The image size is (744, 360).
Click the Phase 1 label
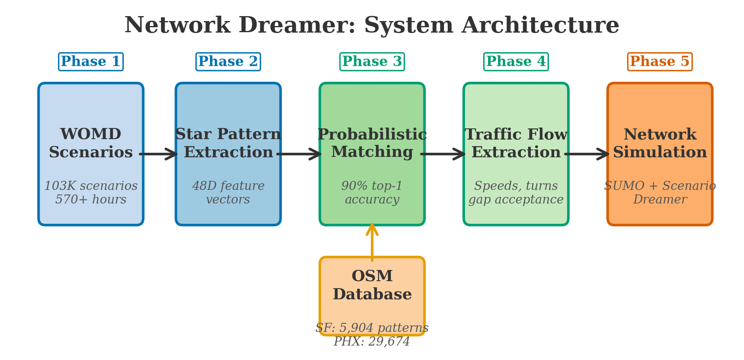click(x=90, y=62)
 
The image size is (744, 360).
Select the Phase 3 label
click(x=372, y=62)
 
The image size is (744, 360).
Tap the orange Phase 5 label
click(x=659, y=62)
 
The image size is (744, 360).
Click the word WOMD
click(x=90, y=135)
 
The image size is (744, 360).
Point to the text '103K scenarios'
click(x=91, y=186)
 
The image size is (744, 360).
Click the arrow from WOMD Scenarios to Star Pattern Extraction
click(x=159, y=154)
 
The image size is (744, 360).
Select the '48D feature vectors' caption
click(x=228, y=193)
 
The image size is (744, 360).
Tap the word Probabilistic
click(x=372, y=135)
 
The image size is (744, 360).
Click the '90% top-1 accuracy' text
click(x=372, y=193)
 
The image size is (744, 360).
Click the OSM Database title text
click(x=372, y=285)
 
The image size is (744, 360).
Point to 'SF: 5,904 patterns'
click(x=372, y=328)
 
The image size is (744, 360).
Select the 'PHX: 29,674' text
click(x=372, y=342)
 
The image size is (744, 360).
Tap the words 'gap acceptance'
click(x=516, y=200)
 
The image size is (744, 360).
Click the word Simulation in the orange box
click(x=659, y=152)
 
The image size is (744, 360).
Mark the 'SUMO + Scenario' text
click(x=659, y=186)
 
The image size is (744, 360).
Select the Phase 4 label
click(x=516, y=62)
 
